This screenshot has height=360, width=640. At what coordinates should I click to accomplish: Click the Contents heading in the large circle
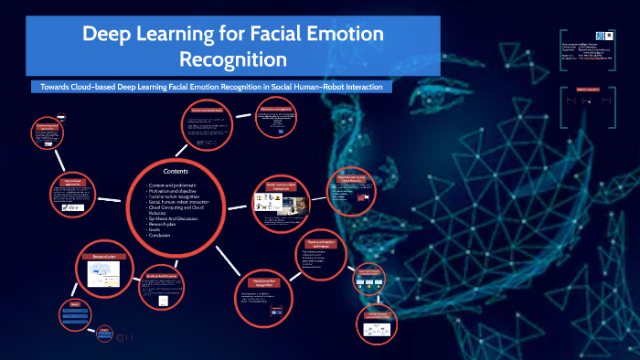(176, 171)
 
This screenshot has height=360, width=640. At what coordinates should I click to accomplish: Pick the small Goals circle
(75, 313)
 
